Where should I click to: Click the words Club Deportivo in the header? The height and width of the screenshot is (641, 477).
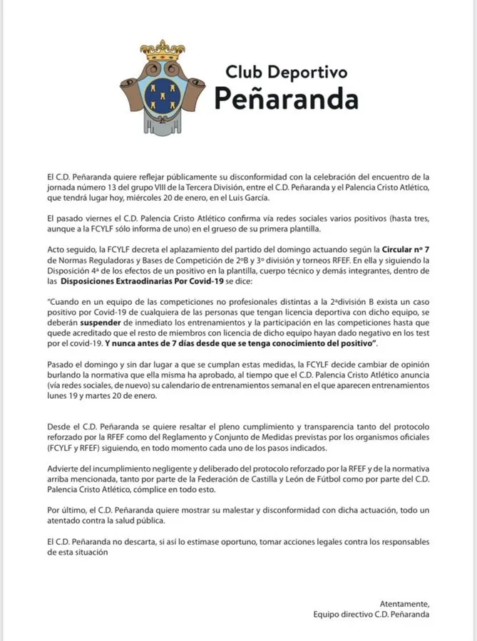286,72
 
